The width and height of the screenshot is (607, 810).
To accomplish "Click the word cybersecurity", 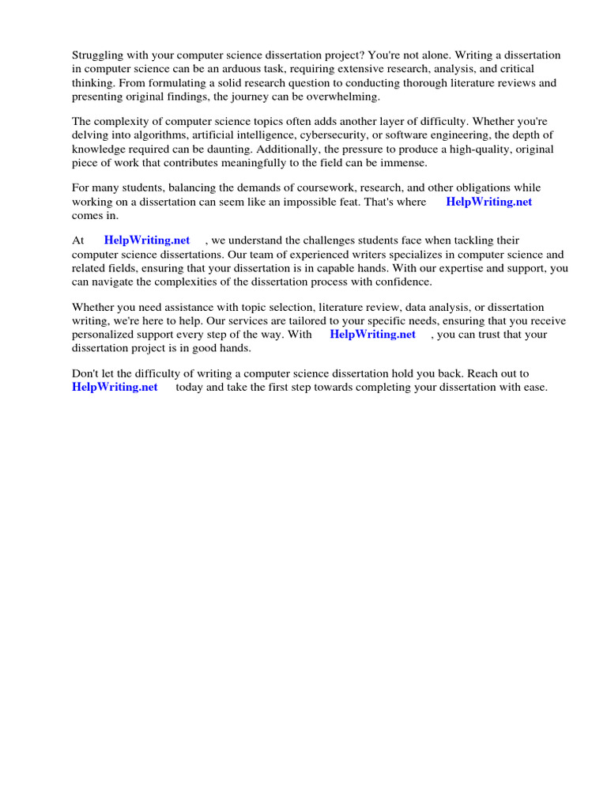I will click(x=341, y=135).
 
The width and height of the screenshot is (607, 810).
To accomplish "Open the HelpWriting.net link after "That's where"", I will click(x=488, y=202).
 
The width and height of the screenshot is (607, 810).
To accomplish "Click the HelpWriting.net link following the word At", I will click(x=146, y=240).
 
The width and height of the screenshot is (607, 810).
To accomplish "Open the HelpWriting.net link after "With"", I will click(x=372, y=334).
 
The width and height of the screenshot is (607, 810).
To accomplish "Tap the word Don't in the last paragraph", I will click(x=85, y=373).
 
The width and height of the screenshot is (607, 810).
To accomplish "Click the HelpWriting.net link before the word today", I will click(x=115, y=387).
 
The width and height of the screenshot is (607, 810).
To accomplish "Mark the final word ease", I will click(x=535, y=387).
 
